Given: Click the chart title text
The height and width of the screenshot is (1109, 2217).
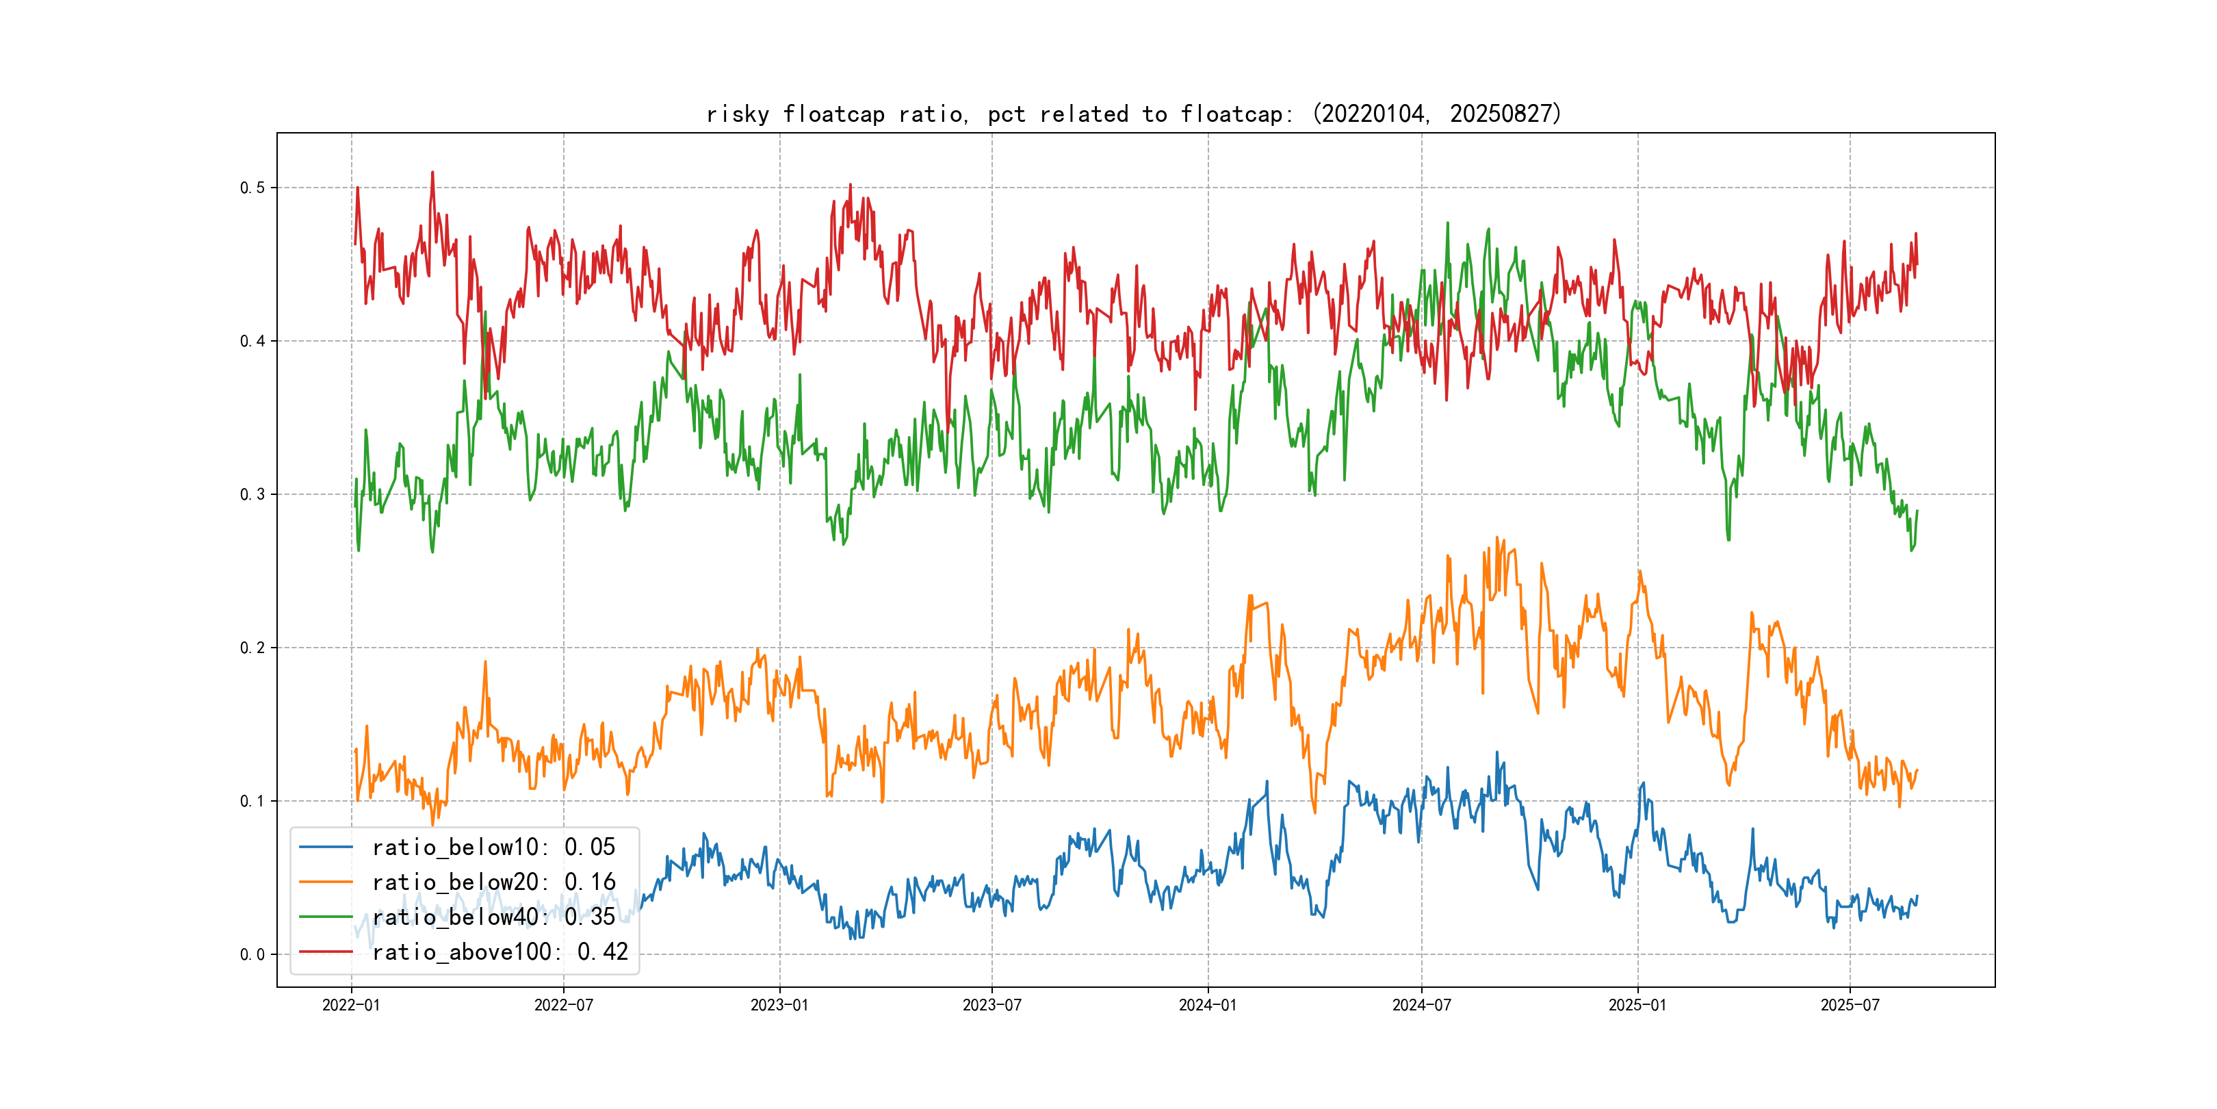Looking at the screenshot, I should [1133, 114].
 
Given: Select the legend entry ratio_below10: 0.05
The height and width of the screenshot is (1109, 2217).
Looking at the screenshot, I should [493, 847].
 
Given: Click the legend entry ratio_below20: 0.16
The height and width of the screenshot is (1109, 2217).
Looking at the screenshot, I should [493, 882].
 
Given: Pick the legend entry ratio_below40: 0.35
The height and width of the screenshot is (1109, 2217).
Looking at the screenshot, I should [493, 917].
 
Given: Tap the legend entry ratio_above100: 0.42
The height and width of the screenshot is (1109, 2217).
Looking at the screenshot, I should [500, 952].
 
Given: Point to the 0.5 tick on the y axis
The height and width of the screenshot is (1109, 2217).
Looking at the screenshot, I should [252, 188].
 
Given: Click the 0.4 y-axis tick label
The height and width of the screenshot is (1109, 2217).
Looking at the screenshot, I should [252, 341].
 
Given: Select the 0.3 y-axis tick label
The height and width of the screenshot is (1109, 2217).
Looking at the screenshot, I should [252, 494].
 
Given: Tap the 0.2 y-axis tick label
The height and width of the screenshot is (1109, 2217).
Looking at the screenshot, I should [252, 648].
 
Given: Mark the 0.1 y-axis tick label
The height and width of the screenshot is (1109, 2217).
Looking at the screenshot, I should [252, 801].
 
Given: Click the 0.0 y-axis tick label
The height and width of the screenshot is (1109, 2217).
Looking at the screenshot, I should [252, 954].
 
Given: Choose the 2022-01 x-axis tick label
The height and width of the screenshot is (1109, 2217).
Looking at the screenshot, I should [351, 1005].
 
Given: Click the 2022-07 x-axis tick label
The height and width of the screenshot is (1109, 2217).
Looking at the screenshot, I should [564, 1005].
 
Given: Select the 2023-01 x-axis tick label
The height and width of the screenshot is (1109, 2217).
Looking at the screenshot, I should [780, 1005].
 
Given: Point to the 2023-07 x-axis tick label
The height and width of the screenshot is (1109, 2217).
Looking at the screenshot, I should [991, 1005].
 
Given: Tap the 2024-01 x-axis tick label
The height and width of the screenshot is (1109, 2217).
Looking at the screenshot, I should [1208, 1005].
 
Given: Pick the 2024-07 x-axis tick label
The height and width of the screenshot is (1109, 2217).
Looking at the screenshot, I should [1421, 1005].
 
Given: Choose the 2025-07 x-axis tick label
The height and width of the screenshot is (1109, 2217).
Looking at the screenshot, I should [1850, 1005].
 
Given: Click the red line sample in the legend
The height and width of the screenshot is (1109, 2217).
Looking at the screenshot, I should [325, 952].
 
